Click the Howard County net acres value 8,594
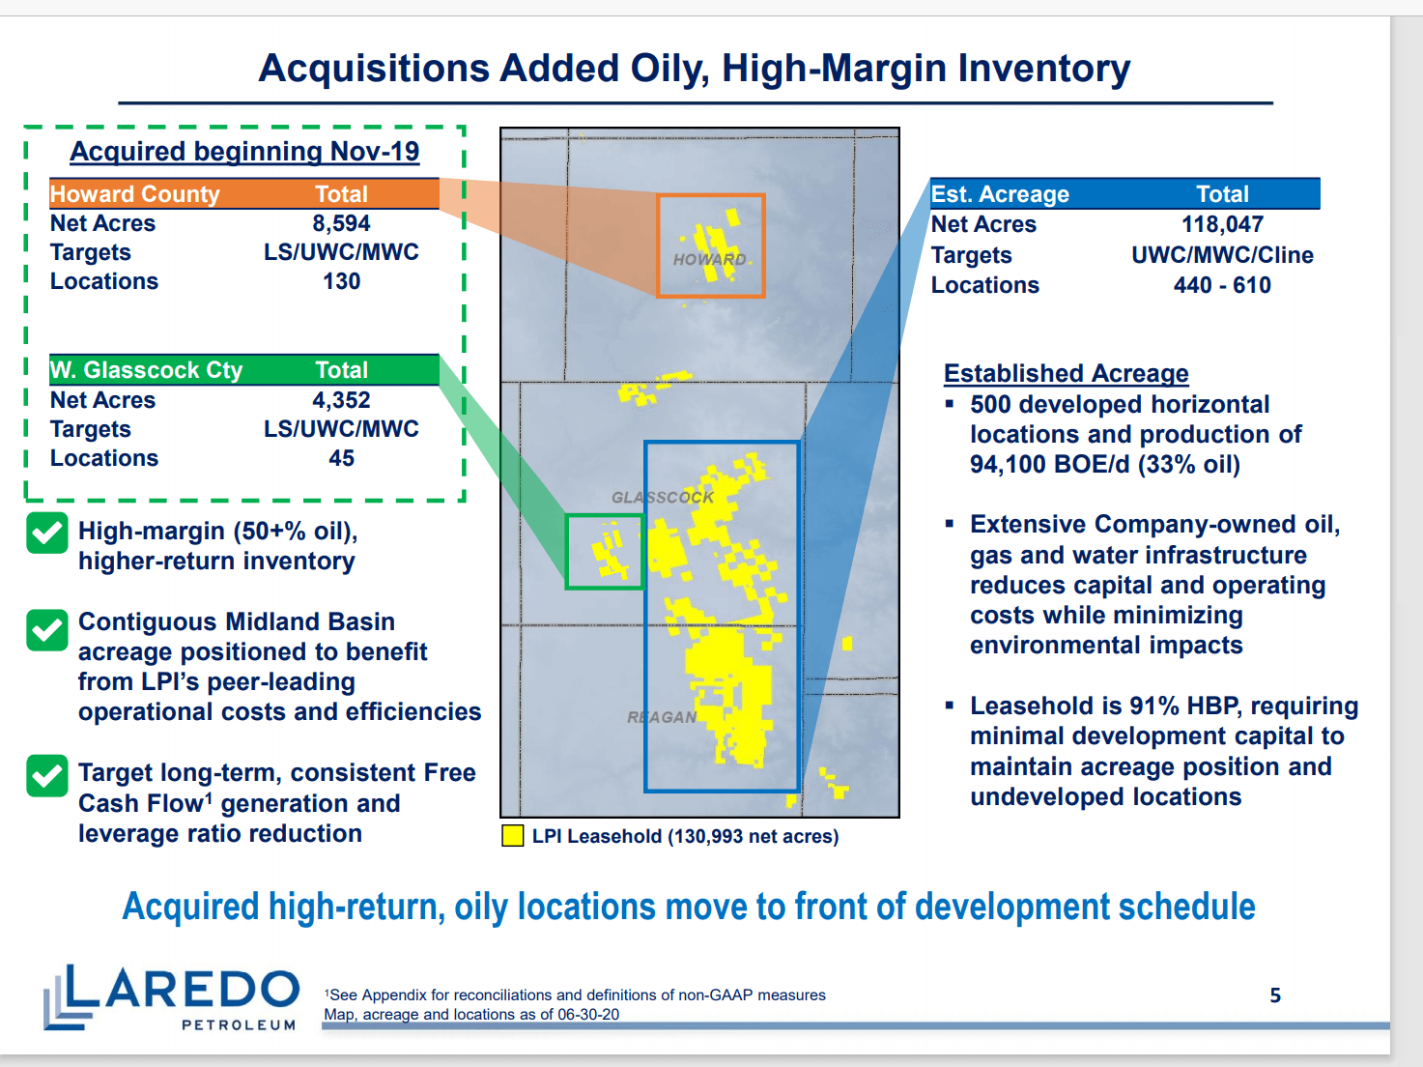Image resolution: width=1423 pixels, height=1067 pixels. (341, 223)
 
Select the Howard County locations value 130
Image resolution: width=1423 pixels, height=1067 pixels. (341, 281)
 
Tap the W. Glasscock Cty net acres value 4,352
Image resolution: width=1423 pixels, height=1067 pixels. (341, 399)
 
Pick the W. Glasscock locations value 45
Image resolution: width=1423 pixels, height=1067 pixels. (341, 458)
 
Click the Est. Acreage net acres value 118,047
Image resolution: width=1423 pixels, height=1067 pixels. (1222, 224)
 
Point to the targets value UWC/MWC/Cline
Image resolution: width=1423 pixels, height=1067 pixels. (1222, 255)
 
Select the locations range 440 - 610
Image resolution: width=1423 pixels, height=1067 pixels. (1222, 285)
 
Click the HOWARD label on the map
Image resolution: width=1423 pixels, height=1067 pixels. (709, 259)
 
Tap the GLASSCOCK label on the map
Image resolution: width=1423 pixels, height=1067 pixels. (663, 498)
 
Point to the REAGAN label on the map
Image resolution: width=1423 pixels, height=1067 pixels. (662, 717)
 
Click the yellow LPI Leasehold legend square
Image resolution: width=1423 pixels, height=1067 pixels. (512, 835)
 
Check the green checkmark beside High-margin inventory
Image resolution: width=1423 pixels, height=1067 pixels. (46, 533)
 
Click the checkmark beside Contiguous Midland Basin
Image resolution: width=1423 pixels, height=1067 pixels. (46, 630)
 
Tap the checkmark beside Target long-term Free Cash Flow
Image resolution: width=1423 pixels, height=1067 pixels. (46, 775)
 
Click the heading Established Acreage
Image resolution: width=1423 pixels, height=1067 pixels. (1066, 373)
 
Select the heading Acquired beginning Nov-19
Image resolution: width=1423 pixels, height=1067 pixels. (244, 151)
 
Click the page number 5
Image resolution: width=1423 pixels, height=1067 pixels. (1274, 995)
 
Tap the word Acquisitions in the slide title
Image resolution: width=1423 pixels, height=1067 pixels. (374, 68)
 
